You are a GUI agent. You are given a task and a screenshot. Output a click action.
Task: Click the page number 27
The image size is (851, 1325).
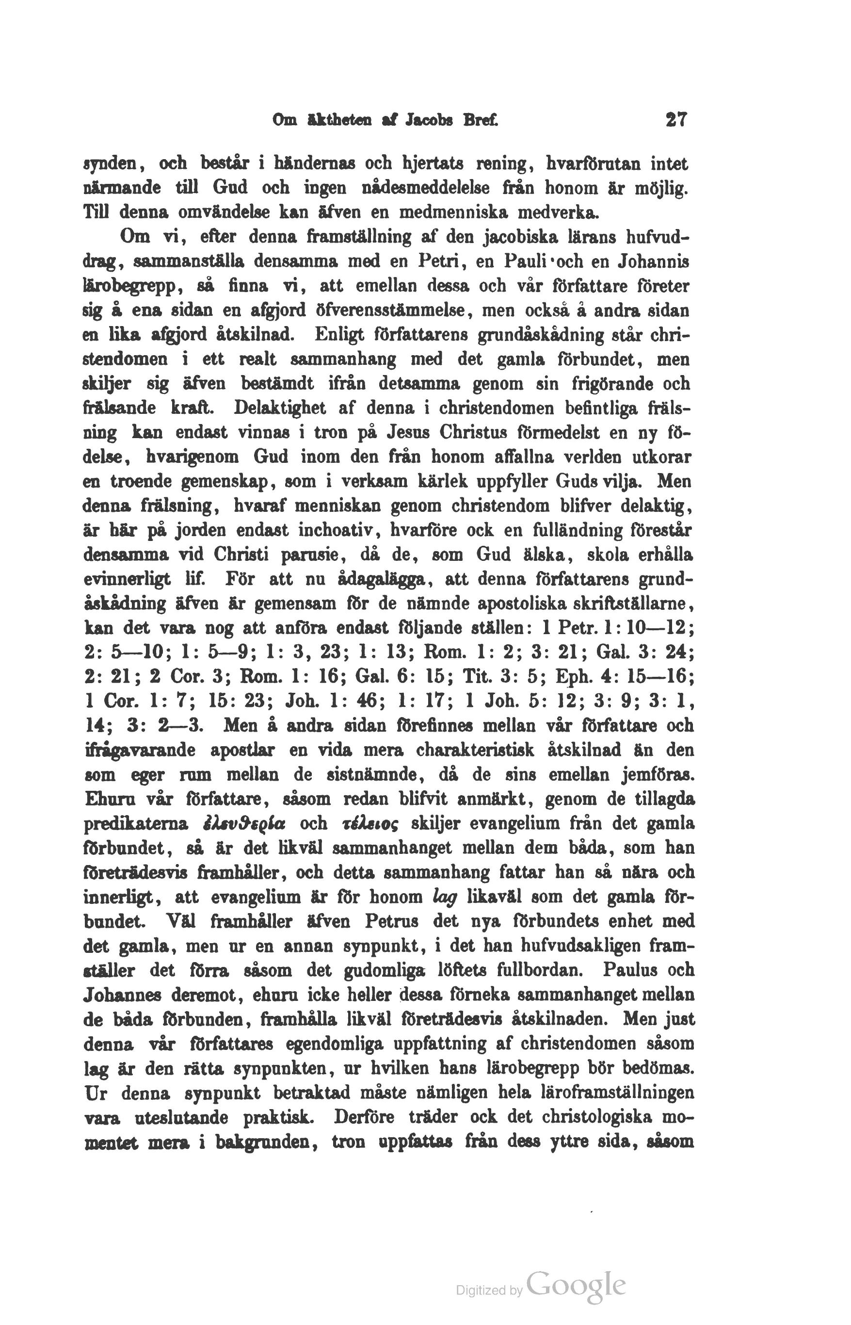coord(676,120)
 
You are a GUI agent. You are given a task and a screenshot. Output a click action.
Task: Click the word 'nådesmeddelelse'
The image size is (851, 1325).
coord(426,189)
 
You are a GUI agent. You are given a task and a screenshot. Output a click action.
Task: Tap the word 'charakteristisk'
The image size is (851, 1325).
coord(475,751)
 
